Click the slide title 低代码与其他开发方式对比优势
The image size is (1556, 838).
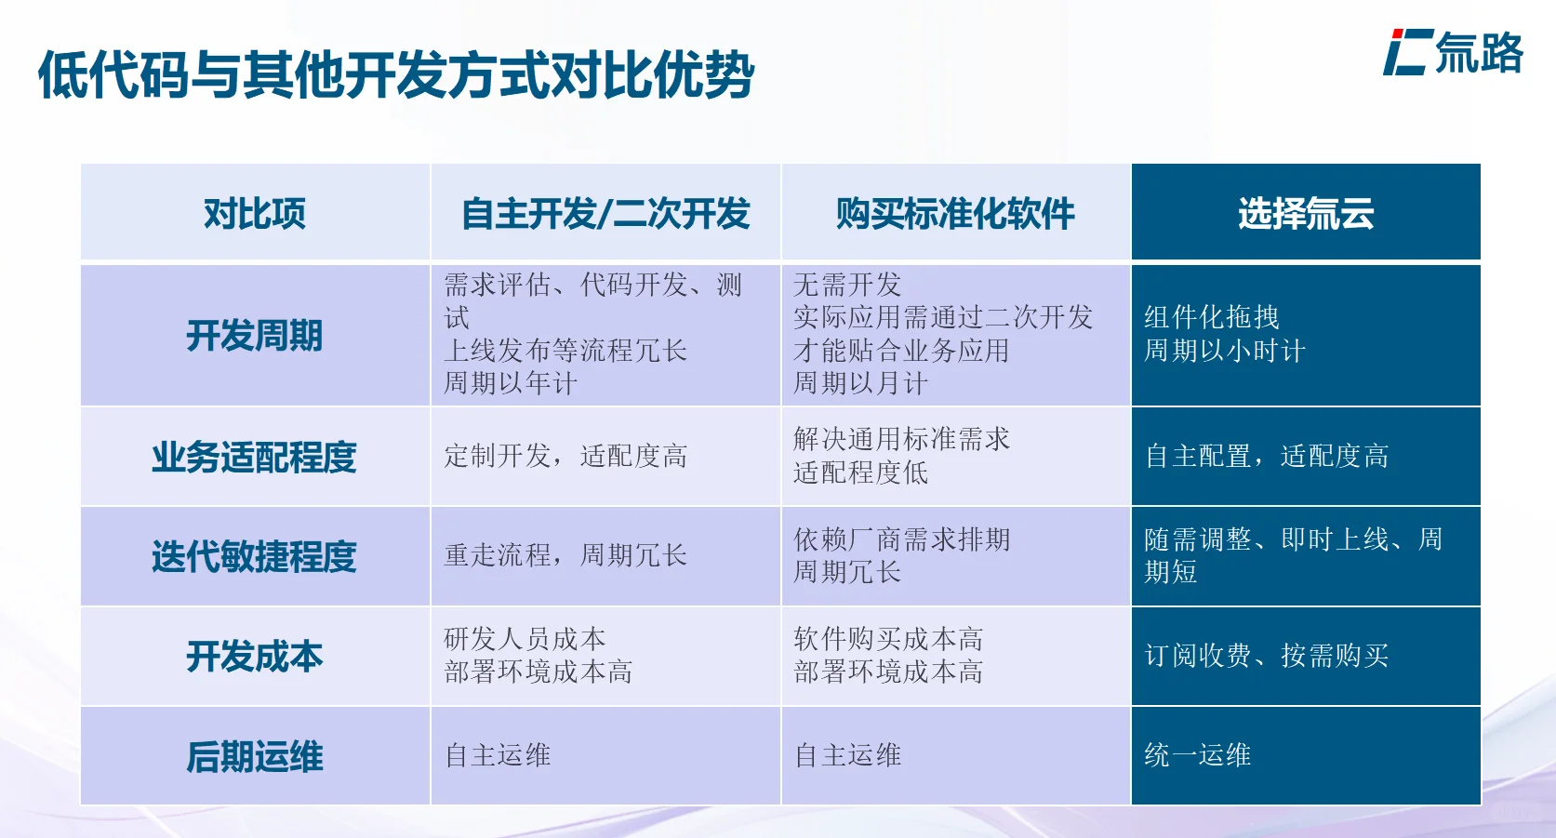pyautogui.click(x=395, y=74)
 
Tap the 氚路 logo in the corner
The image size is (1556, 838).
pyautogui.click(x=1452, y=53)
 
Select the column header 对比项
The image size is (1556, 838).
pyautogui.click(x=255, y=214)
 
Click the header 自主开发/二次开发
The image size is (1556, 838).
pyautogui.click(x=605, y=214)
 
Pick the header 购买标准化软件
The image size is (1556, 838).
pyautogui.click(x=955, y=214)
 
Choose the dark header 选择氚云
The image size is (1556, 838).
pyautogui.click(x=1306, y=214)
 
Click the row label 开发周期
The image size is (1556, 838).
pyautogui.click(x=255, y=336)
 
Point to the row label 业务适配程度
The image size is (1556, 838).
pyautogui.click(x=255, y=457)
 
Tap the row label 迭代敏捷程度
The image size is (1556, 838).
pyautogui.click(x=255, y=556)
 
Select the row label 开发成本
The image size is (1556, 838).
pyautogui.click(x=255, y=657)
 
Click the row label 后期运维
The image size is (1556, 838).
pyautogui.click(x=255, y=756)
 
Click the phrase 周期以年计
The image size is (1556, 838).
pyautogui.click(x=510, y=383)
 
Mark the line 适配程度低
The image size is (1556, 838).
pyautogui.click(x=860, y=472)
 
